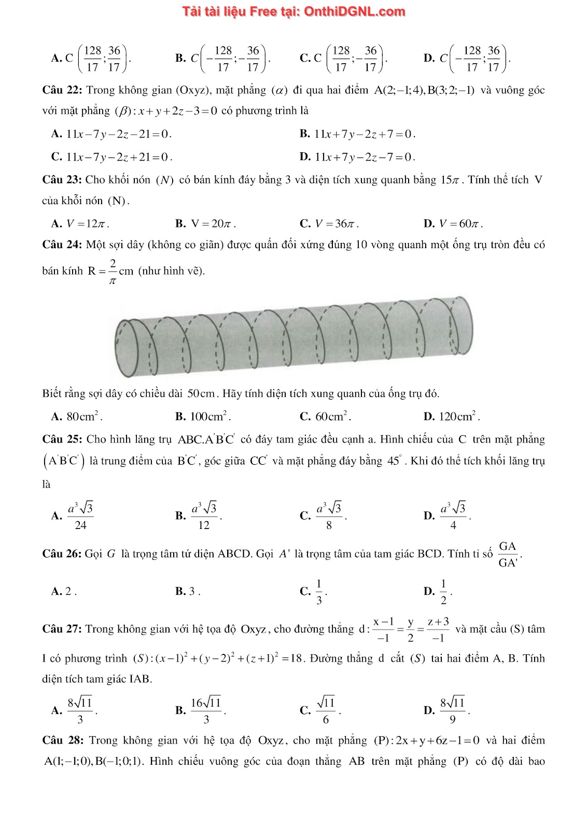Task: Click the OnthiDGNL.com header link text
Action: click(293, 11)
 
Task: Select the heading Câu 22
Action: click(62, 90)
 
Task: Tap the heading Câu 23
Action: click(62, 180)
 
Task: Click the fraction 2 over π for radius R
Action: click(113, 271)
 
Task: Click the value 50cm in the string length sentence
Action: click(201, 394)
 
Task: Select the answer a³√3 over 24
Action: click(80, 516)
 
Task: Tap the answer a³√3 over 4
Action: click(453, 516)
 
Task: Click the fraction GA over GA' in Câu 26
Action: click(508, 554)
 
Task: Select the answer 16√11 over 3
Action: click(206, 710)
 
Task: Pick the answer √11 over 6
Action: click(326, 710)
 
